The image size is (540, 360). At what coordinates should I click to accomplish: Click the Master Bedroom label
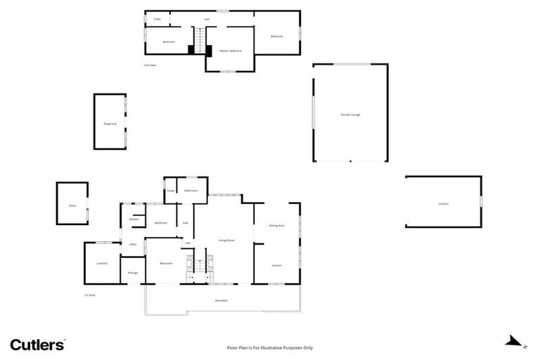(x=231, y=51)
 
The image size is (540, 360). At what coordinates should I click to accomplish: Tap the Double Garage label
(x=350, y=115)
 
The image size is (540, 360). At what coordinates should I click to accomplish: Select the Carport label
(x=443, y=204)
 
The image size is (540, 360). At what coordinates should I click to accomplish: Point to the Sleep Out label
(x=110, y=123)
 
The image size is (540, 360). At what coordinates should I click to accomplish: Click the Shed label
(x=72, y=205)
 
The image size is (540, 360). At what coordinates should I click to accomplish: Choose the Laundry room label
(x=101, y=263)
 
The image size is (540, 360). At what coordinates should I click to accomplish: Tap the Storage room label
(x=133, y=272)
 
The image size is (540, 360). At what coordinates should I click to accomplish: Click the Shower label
(x=134, y=219)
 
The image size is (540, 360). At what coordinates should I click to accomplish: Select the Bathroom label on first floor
(x=191, y=191)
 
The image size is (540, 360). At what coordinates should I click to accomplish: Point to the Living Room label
(x=226, y=240)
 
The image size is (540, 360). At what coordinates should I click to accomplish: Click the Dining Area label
(x=276, y=226)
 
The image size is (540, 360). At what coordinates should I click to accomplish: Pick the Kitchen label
(x=276, y=265)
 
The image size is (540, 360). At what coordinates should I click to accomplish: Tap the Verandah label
(x=221, y=300)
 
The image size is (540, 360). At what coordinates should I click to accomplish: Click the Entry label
(x=132, y=244)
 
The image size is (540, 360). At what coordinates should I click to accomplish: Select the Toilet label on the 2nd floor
(x=157, y=19)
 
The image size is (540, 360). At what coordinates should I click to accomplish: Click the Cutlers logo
(x=37, y=345)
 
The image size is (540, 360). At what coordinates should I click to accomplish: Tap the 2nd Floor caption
(x=150, y=65)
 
